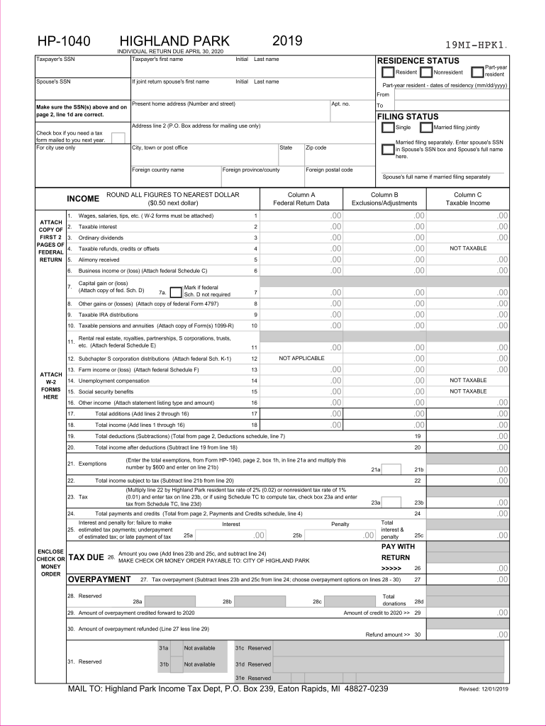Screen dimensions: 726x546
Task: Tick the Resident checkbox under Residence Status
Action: pyautogui.click(x=388, y=72)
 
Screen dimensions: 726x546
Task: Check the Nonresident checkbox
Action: pyautogui.click(x=425, y=72)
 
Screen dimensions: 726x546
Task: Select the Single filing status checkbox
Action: pyautogui.click(x=388, y=128)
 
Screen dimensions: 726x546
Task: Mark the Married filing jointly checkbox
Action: pyautogui.click(x=425, y=128)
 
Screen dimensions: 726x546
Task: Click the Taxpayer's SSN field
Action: pyautogui.click(x=82, y=67)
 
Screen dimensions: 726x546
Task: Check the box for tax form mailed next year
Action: pyautogui.click(x=118, y=138)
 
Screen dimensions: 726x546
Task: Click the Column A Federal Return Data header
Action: pyautogui.click(x=301, y=199)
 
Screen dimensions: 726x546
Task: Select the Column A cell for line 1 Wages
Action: pyautogui.click(x=301, y=216)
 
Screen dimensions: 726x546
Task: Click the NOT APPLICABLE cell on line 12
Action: pyautogui.click(x=301, y=359)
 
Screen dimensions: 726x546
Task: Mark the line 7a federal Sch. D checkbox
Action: pyautogui.click(x=177, y=291)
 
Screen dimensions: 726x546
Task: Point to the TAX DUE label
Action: pyautogui.click(x=86, y=557)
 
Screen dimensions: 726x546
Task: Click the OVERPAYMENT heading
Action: pyautogui.click(x=99, y=579)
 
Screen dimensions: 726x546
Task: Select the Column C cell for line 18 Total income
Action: pyautogui.click(x=468, y=425)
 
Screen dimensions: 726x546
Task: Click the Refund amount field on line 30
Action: pyautogui.click(x=468, y=634)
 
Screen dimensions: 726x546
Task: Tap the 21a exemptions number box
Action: pyautogui.click(x=391, y=469)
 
